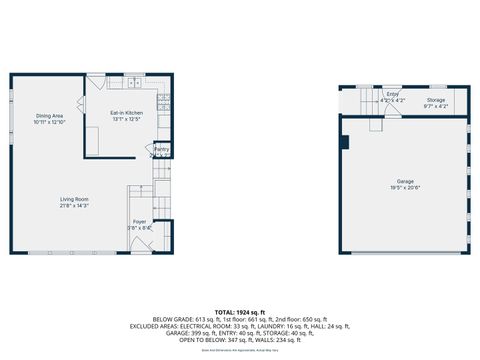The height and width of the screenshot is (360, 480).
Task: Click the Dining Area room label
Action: click(x=50, y=115)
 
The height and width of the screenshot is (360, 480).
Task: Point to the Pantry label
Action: click(x=161, y=148)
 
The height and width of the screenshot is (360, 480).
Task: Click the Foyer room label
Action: click(x=139, y=221)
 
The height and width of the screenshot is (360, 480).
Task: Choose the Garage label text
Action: click(x=404, y=181)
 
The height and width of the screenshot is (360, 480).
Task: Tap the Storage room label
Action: click(x=436, y=100)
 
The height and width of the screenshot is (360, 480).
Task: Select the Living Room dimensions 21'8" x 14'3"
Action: click(x=73, y=206)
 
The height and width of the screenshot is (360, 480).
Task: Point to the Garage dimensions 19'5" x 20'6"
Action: click(x=404, y=188)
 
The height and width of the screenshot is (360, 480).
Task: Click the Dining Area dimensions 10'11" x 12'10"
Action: click(x=50, y=122)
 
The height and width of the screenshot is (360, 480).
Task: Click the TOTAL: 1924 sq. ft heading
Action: click(x=239, y=313)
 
